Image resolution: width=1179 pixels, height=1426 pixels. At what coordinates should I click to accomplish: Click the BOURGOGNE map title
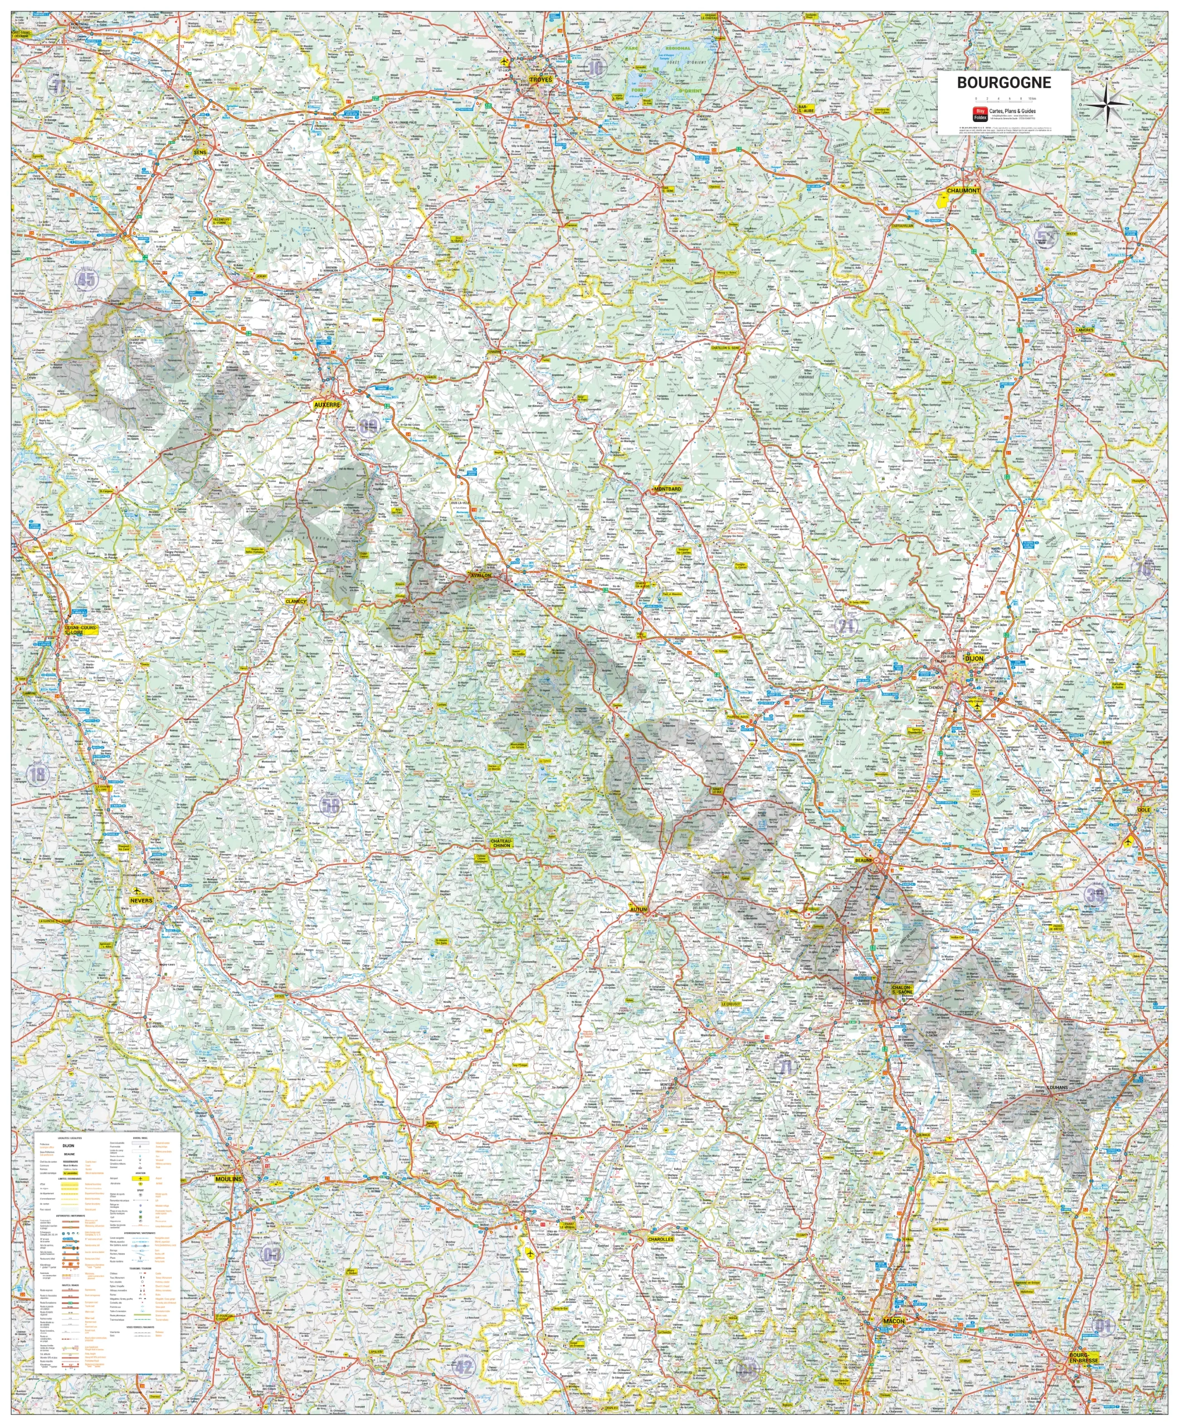tap(1004, 83)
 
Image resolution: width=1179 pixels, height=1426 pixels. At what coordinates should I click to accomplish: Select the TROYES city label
tap(540, 80)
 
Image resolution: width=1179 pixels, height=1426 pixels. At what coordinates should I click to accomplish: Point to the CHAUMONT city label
tap(963, 191)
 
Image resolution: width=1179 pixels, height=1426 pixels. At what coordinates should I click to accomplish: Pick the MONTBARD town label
tap(667, 489)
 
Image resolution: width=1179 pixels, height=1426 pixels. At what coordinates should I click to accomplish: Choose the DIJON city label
tap(973, 658)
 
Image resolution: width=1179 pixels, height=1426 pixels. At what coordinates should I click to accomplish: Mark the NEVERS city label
tap(142, 900)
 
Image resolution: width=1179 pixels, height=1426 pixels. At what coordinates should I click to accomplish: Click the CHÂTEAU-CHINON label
tap(501, 843)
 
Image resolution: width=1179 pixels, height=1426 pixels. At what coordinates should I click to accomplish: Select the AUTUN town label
tap(639, 909)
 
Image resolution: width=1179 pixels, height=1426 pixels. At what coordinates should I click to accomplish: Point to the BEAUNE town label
tap(863, 861)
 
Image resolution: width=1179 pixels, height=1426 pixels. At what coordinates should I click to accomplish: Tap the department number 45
tap(86, 279)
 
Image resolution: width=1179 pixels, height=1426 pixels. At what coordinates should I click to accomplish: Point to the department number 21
tap(846, 626)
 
